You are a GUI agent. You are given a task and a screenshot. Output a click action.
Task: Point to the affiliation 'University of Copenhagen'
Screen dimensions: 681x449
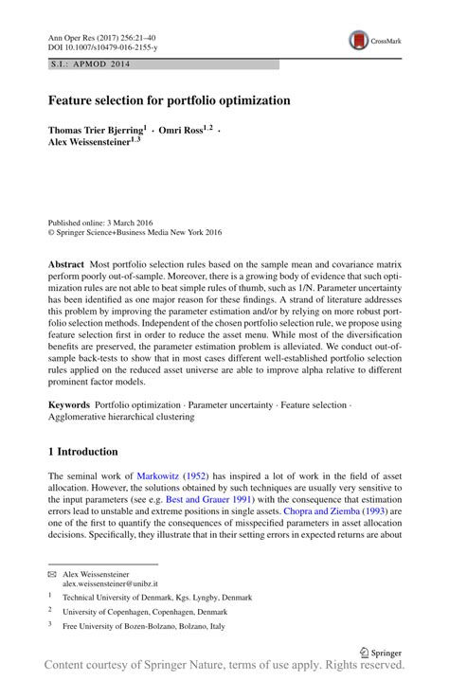110,613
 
